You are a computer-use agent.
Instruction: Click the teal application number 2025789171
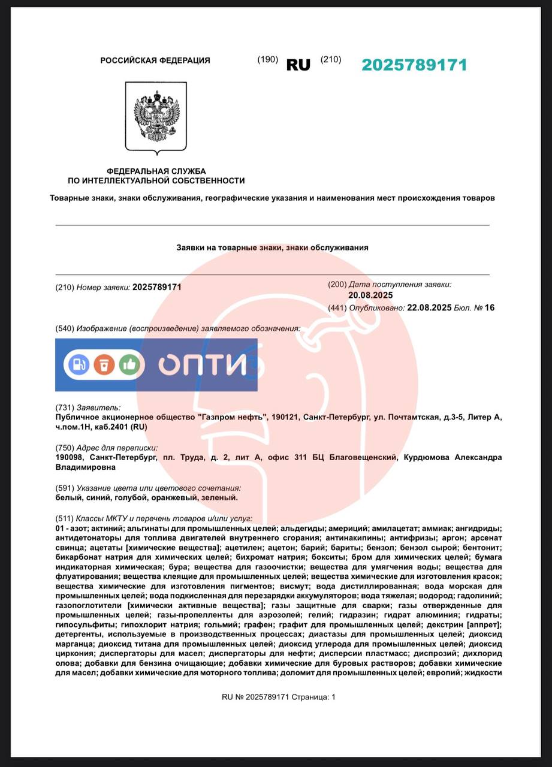pyautogui.click(x=414, y=65)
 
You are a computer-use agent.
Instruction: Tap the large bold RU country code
pyautogui.click(x=298, y=65)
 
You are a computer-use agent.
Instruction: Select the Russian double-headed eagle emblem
pyautogui.click(x=156, y=117)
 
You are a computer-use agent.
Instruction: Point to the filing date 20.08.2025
pyautogui.click(x=370, y=295)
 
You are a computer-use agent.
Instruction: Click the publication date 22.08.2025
pyautogui.click(x=429, y=308)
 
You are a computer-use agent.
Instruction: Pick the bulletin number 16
pyautogui.click(x=490, y=308)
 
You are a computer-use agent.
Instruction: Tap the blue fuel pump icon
pyautogui.click(x=79, y=364)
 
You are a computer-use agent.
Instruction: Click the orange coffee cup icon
pyautogui.click(x=104, y=364)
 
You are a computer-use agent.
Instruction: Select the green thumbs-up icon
pyautogui.click(x=129, y=364)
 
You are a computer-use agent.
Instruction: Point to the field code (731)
pyautogui.click(x=64, y=407)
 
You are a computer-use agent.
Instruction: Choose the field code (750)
pyautogui.click(x=64, y=448)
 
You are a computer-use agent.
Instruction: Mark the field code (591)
pyautogui.click(x=64, y=488)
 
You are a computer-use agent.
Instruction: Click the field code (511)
pyautogui.click(x=64, y=518)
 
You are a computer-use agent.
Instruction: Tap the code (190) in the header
pyautogui.click(x=268, y=59)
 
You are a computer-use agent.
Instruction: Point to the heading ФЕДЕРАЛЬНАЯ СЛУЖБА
pyautogui.click(x=156, y=171)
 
